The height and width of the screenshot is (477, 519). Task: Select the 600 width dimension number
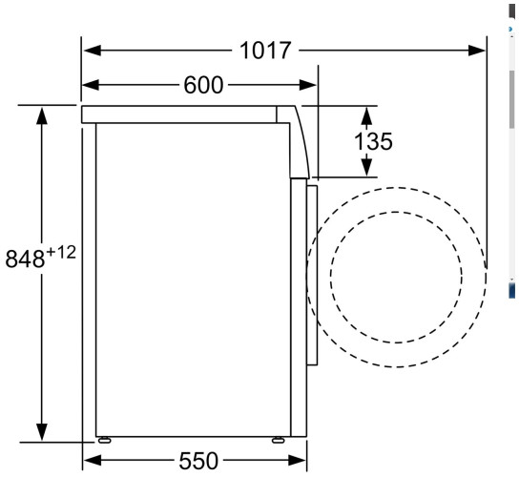(202, 86)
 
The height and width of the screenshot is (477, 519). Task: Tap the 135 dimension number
(373, 141)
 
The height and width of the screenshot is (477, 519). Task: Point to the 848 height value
(25, 259)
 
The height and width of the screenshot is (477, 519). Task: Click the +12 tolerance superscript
(61, 252)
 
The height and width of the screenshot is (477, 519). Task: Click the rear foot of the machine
(102, 442)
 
